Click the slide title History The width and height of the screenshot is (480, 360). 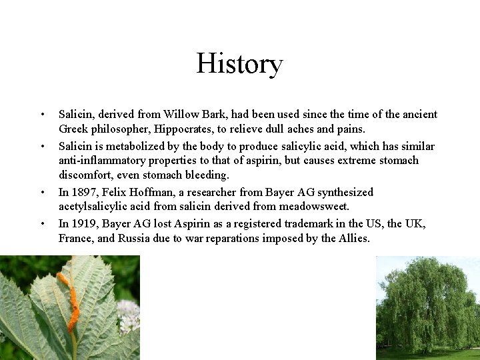pos(239,64)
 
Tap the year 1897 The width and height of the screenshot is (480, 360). pos(83,193)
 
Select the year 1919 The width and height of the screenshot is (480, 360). pos(83,224)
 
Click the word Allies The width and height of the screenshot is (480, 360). pos(353,239)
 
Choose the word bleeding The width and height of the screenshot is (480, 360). pos(206,175)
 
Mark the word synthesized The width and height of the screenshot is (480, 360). pos(341,193)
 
